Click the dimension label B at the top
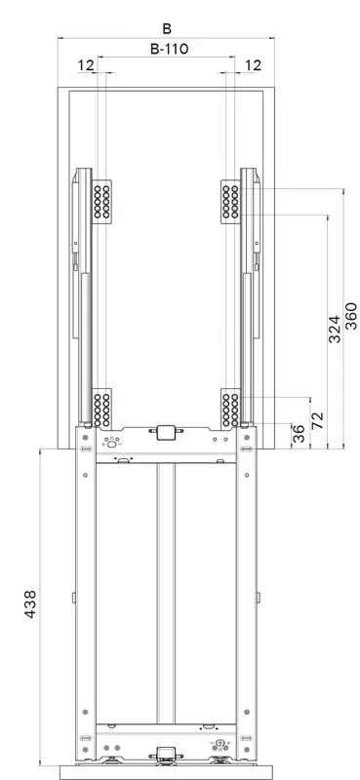click(x=167, y=29)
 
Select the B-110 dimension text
click(x=170, y=49)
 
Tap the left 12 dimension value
click(x=86, y=65)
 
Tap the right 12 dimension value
click(x=253, y=65)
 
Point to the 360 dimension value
click(x=351, y=315)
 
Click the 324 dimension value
click(x=335, y=329)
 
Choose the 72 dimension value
click(x=318, y=420)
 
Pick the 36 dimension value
click(x=299, y=434)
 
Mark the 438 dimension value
click(x=30, y=604)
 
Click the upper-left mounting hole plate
click(x=101, y=202)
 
